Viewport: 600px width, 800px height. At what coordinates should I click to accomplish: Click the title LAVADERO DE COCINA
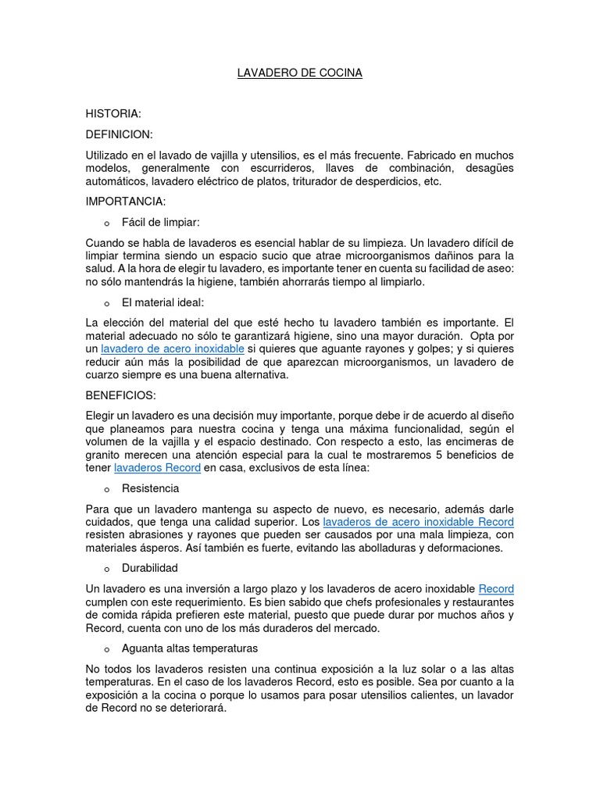coord(300,73)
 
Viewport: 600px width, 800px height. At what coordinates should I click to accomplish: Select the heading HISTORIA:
coord(113,114)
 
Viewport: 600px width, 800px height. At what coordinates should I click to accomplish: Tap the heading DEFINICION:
coord(120,134)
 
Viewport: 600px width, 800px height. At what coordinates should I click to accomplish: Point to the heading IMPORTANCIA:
coord(126,202)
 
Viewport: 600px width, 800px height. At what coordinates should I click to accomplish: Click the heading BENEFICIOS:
coord(121,395)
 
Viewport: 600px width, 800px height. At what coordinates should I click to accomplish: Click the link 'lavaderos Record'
coord(157,468)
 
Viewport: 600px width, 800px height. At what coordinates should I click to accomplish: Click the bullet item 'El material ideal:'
coord(163,302)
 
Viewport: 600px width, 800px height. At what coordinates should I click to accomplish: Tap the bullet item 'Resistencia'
coord(151,488)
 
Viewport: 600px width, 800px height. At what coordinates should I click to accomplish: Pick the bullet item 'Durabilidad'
coord(150,568)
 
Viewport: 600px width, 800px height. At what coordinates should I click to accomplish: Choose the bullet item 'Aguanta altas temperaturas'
coord(190,648)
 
